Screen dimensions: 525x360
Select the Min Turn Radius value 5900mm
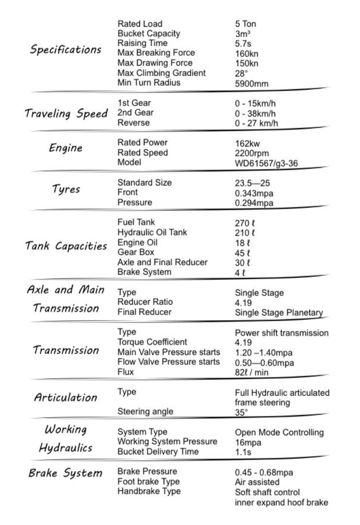point(251,84)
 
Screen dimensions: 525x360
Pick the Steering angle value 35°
point(242,412)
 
